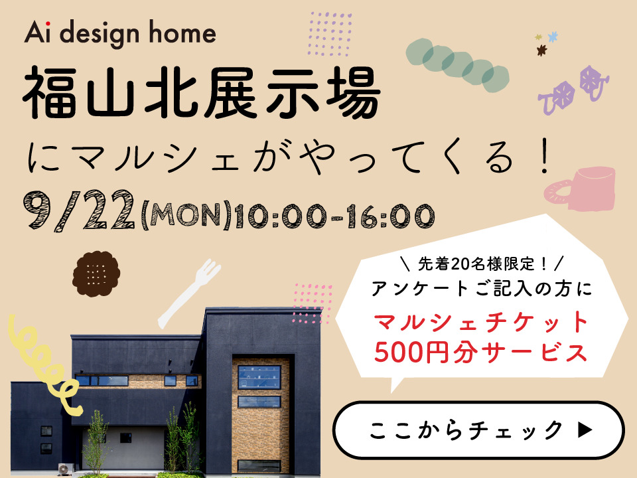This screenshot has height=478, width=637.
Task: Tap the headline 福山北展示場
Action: coord(202,94)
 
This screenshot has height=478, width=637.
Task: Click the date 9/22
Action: coord(79,210)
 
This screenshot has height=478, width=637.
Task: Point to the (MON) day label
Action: coord(186,215)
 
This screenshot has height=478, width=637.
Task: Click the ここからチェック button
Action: coord(478,430)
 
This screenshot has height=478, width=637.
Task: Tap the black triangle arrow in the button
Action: coord(585,430)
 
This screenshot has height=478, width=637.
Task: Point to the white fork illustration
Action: coord(189,293)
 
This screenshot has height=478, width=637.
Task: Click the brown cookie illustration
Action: coord(96,274)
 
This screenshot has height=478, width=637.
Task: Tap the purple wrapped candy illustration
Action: coord(573,90)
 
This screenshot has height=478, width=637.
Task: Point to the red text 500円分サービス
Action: coord(481,352)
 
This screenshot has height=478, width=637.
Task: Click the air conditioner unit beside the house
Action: coord(65,469)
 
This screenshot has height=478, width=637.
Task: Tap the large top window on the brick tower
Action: coord(259,377)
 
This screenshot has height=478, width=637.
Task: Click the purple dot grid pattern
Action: coord(330,34)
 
